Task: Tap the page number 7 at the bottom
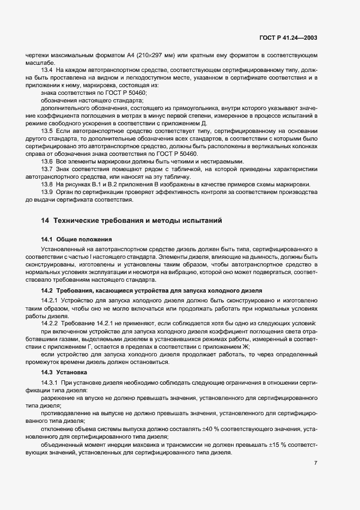[x=316, y=463]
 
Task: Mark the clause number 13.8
[x=47, y=185]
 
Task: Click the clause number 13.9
[x=47, y=192]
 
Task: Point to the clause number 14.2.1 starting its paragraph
[x=50, y=300]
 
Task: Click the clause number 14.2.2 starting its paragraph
[x=50, y=323]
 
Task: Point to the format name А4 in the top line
[x=131, y=56]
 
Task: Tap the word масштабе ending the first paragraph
[x=39, y=63]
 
